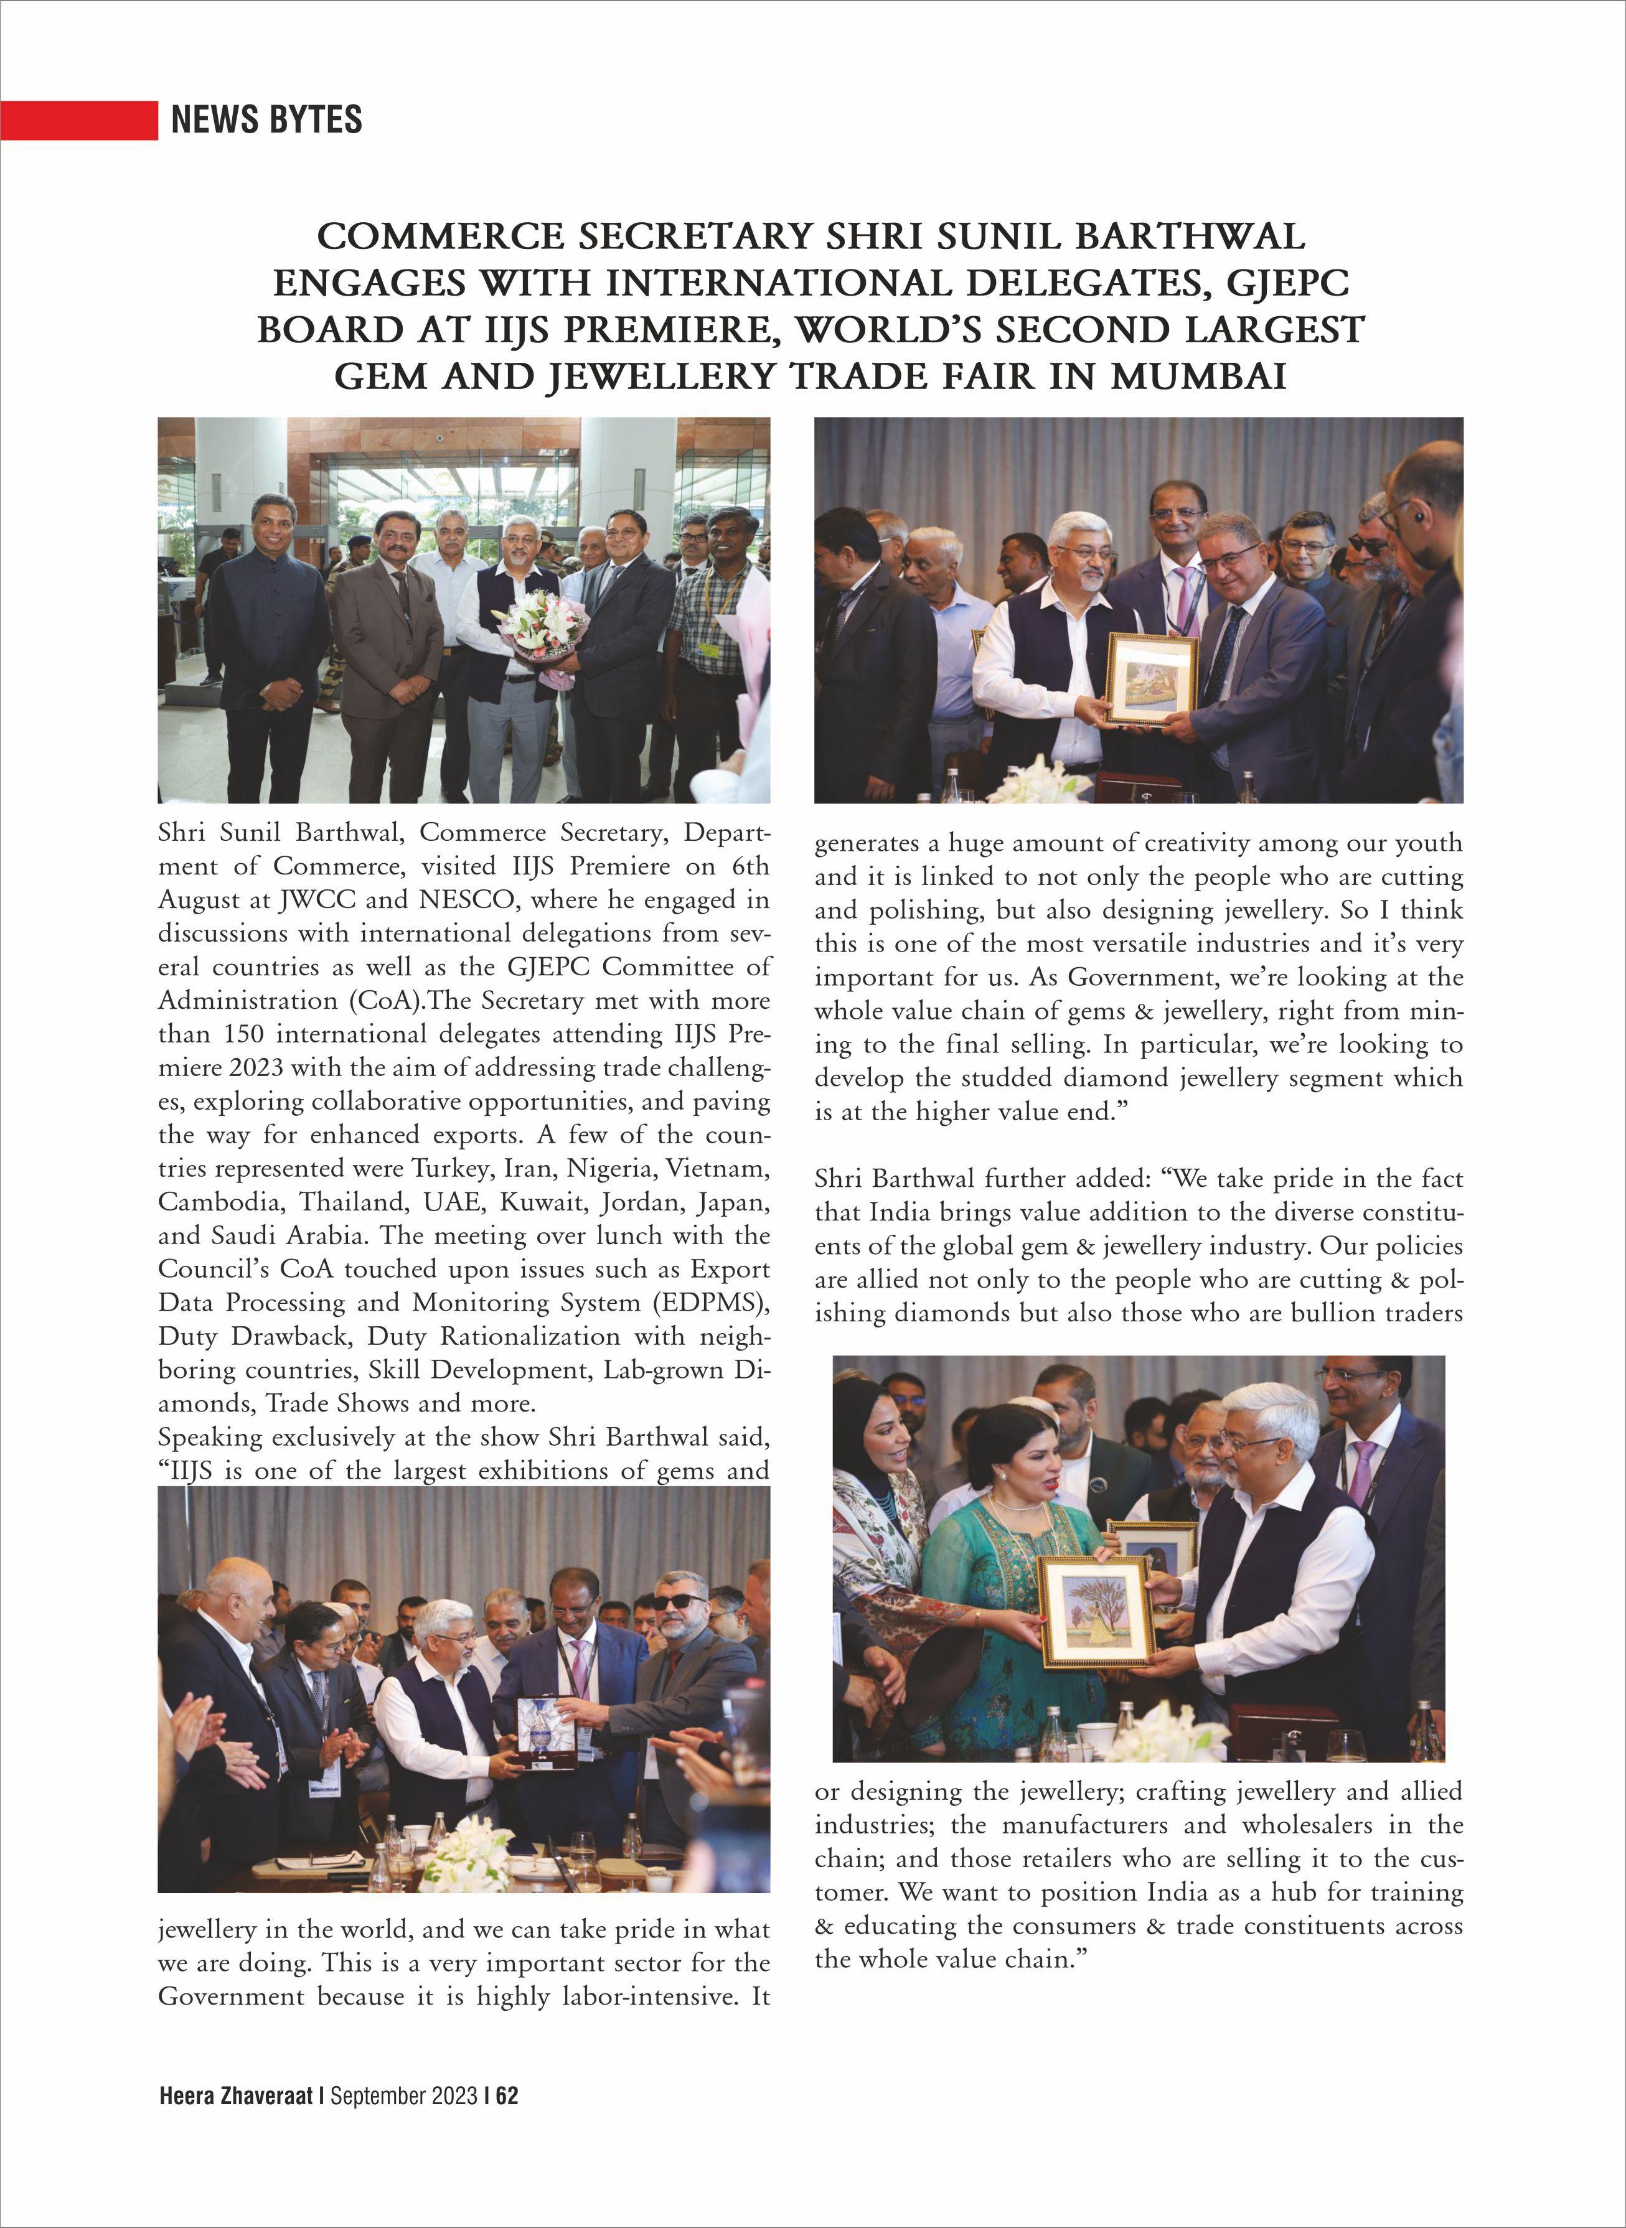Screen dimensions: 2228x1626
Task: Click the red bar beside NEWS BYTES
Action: tap(78, 120)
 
